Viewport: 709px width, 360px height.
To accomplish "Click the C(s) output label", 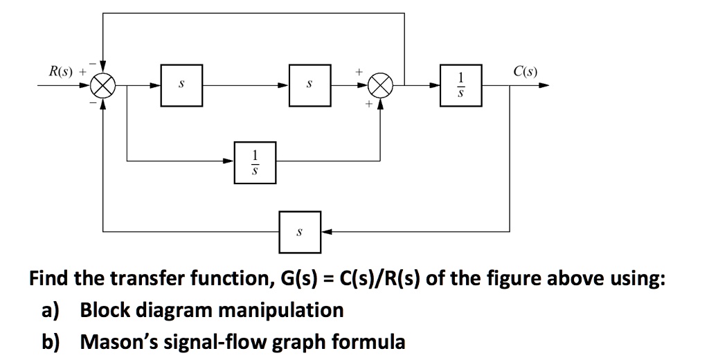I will click(x=526, y=71).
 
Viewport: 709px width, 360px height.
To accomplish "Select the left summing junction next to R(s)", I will click(x=103, y=87).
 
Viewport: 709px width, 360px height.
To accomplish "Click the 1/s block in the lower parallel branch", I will click(x=255, y=162).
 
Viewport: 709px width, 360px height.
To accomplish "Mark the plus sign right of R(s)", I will click(x=84, y=71).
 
